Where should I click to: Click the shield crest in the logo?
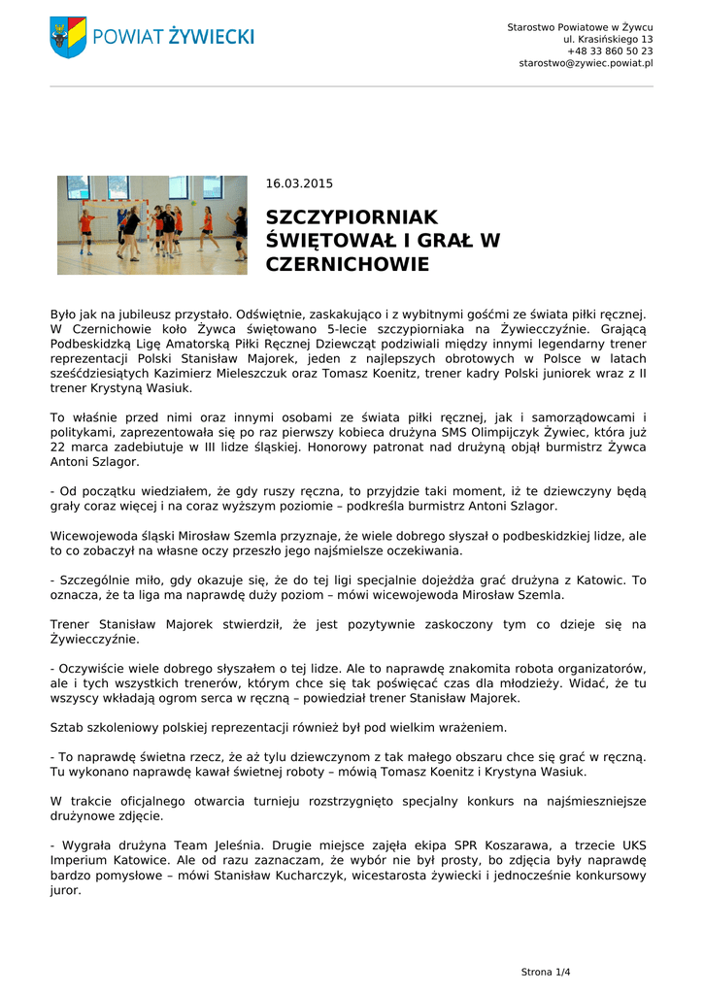coord(68,37)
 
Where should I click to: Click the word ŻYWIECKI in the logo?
coord(211,37)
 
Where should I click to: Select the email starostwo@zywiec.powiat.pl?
coord(586,63)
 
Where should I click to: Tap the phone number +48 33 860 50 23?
coord(610,50)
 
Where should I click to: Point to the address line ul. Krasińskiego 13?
coord(608,39)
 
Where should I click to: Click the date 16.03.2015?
coord(299,183)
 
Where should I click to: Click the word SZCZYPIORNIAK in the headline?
coord(352,217)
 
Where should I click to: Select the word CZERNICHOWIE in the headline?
coord(347,264)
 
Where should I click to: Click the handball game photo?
coord(151,224)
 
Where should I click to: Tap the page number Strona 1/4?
coord(546,972)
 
